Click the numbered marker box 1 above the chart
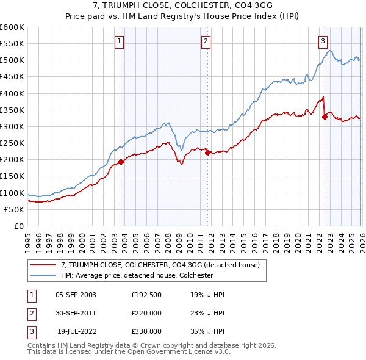point(119,41)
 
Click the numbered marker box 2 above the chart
point(206,41)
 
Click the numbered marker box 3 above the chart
point(322,41)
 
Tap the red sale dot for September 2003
point(121,162)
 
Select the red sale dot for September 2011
point(208,153)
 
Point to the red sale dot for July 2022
point(325,117)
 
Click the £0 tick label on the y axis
point(18,226)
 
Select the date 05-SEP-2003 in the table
point(76,294)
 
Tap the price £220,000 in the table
point(146,312)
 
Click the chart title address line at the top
point(183,6)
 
